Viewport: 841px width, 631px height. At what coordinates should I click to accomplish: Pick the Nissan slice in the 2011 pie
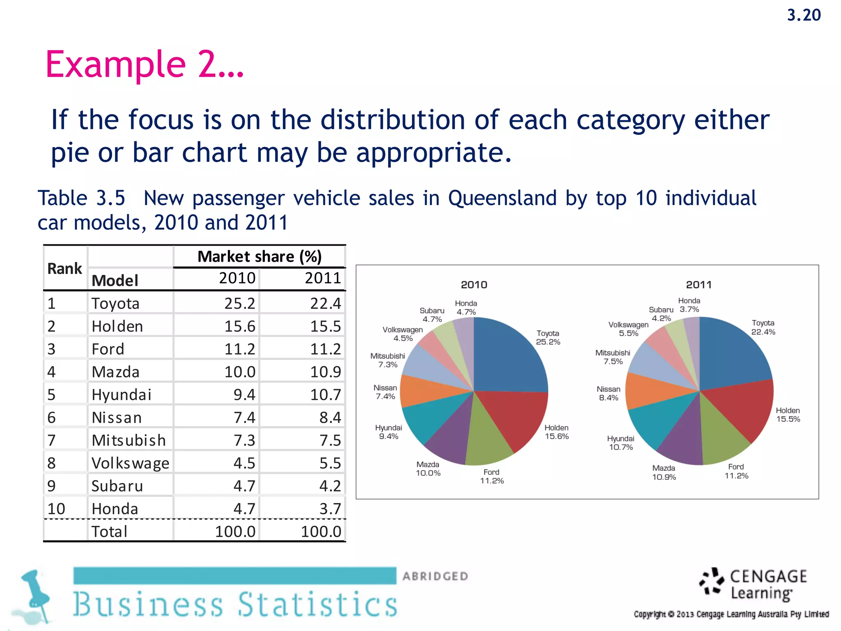coord(649,390)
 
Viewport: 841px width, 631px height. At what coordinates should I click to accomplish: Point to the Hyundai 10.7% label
coord(621,443)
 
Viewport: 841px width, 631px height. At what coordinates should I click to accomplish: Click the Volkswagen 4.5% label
coord(402,334)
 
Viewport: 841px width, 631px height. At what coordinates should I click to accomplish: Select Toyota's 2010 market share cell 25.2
coord(240,304)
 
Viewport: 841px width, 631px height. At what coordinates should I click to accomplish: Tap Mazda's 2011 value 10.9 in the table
coord(325,372)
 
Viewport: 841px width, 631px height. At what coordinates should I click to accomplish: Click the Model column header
coord(115,281)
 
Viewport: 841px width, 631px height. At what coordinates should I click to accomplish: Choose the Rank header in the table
coord(64,269)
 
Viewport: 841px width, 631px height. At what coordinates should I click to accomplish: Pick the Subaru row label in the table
coord(117,486)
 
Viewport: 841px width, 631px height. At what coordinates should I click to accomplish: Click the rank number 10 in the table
coord(56,509)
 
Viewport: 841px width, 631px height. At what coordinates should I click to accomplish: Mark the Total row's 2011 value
coord(321,532)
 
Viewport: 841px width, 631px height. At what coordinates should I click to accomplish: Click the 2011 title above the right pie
coord(699,285)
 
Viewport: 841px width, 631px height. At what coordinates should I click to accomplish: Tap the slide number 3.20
coord(804,15)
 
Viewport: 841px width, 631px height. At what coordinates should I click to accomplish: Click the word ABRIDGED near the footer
coord(435,576)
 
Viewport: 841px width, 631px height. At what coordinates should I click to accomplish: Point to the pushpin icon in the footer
coord(35,596)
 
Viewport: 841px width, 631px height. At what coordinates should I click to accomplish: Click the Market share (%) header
coord(260,257)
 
